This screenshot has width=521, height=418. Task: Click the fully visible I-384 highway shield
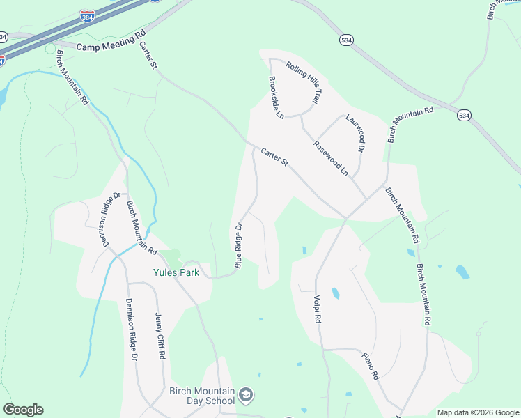click(x=87, y=16)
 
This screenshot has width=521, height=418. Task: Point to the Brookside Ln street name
click(x=276, y=97)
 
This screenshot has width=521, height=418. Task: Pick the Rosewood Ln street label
click(x=330, y=157)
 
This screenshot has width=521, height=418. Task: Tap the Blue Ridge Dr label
click(x=239, y=245)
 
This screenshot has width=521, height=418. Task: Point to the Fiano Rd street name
click(x=370, y=366)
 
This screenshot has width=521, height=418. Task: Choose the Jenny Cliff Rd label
click(x=160, y=336)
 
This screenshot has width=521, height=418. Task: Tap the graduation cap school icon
click(x=245, y=396)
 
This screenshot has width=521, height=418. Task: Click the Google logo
click(x=23, y=410)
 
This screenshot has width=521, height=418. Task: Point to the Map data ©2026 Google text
click(x=477, y=412)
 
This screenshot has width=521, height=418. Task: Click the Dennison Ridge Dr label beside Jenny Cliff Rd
click(x=131, y=329)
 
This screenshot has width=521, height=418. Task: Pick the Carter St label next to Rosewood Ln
click(x=275, y=157)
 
